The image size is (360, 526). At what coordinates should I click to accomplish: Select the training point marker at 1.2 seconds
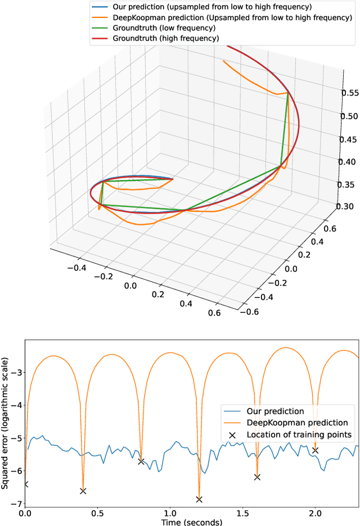click(x=199, y=499)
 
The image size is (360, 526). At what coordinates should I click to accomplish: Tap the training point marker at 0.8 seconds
click(x=141, y=446)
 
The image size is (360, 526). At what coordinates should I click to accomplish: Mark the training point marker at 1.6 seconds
click(x=257, y=461)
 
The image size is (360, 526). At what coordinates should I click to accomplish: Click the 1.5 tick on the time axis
click(x=242, y=513)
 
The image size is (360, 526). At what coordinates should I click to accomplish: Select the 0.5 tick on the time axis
click(x=97, y=513)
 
